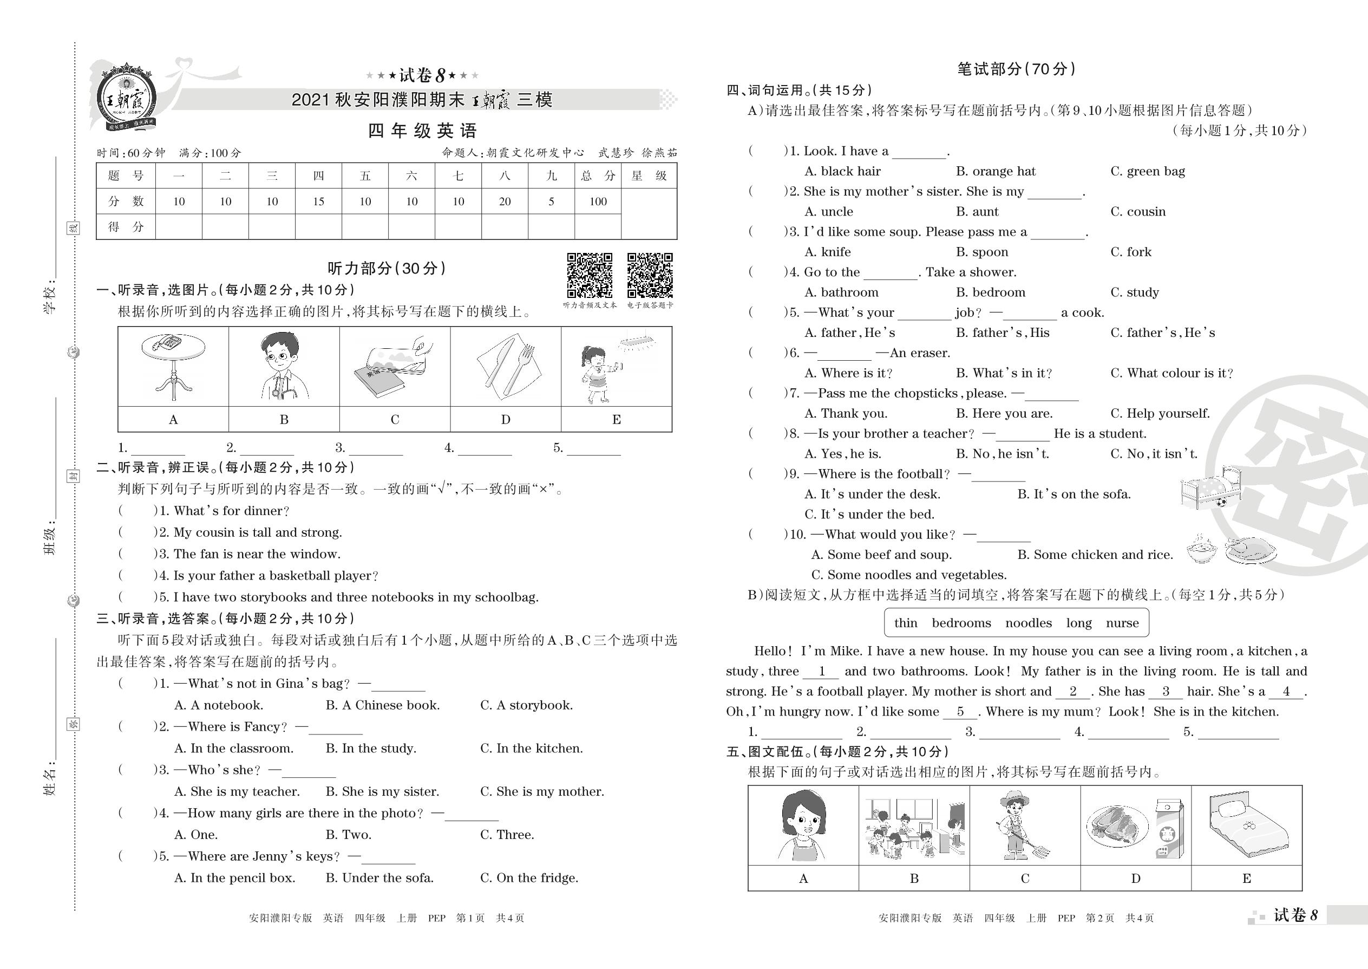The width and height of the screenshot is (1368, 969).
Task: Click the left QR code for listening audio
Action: tap(589, 275)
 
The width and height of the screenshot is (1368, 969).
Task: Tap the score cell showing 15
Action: tap(318, 201)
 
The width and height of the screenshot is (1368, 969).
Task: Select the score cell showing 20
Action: tap(505, 201)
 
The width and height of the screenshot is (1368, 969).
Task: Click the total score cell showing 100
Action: tap(598, 201)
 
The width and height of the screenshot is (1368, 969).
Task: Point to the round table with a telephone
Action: tap(173, 366)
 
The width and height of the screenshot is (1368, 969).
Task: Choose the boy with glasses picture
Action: tap(283, 366)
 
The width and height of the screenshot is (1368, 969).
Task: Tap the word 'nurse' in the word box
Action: tap(1122, 623)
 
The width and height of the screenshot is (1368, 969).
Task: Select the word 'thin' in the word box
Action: tap(905, 623)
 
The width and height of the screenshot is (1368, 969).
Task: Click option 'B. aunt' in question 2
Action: tap(977, 212)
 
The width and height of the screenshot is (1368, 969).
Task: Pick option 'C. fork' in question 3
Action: tap(1131, 252)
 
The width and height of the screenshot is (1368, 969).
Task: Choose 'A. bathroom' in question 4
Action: tap(841, 292)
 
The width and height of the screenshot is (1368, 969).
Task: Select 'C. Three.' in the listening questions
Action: tap(507, 835)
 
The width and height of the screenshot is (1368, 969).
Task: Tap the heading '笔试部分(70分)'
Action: tap(1016, 69)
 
